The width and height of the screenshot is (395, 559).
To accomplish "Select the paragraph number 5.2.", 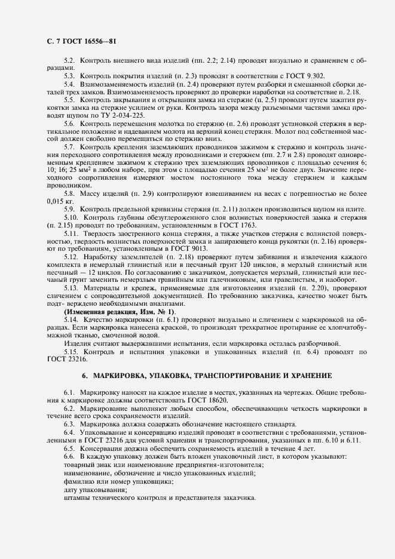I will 70,62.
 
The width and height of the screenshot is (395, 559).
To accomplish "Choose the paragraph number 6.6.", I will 70,456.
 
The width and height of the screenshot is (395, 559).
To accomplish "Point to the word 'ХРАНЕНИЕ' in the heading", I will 301,375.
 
